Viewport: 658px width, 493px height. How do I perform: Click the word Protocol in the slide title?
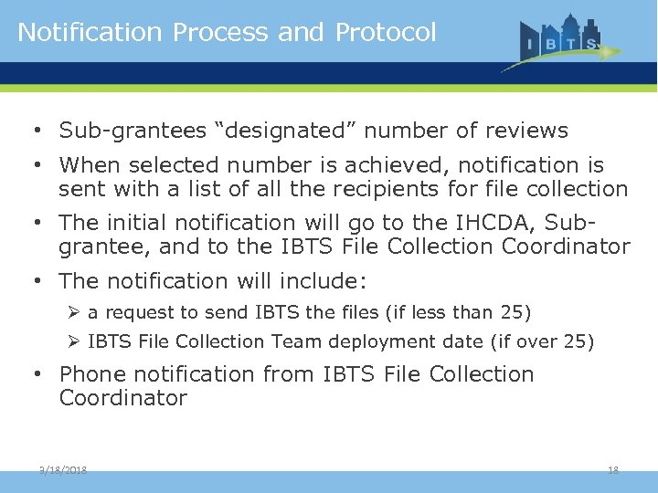coord(386,32)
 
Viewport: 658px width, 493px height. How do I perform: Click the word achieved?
coord(398,165)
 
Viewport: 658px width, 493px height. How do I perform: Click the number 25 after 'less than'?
coord(511,312)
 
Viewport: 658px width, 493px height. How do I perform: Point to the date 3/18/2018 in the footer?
coord(63,469)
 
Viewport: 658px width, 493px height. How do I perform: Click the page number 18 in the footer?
coord(613,469)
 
